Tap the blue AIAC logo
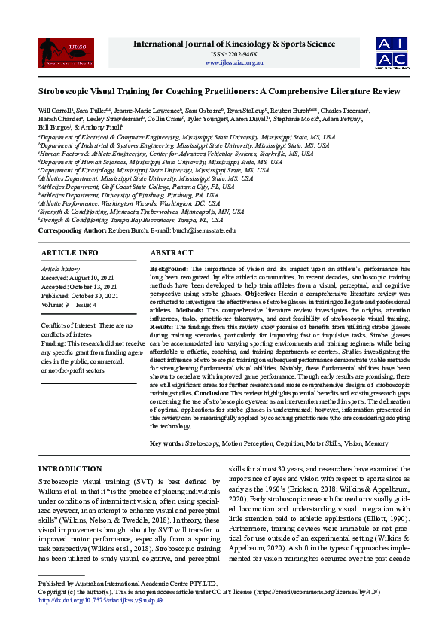click(x=392, y=52)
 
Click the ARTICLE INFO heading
click(x=69, y=253)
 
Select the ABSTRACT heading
click(x=172, y=253)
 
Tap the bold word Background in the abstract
click(x=169, y=269)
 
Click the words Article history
click(x=61, y=269)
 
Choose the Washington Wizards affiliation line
click(x=131, y=203)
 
